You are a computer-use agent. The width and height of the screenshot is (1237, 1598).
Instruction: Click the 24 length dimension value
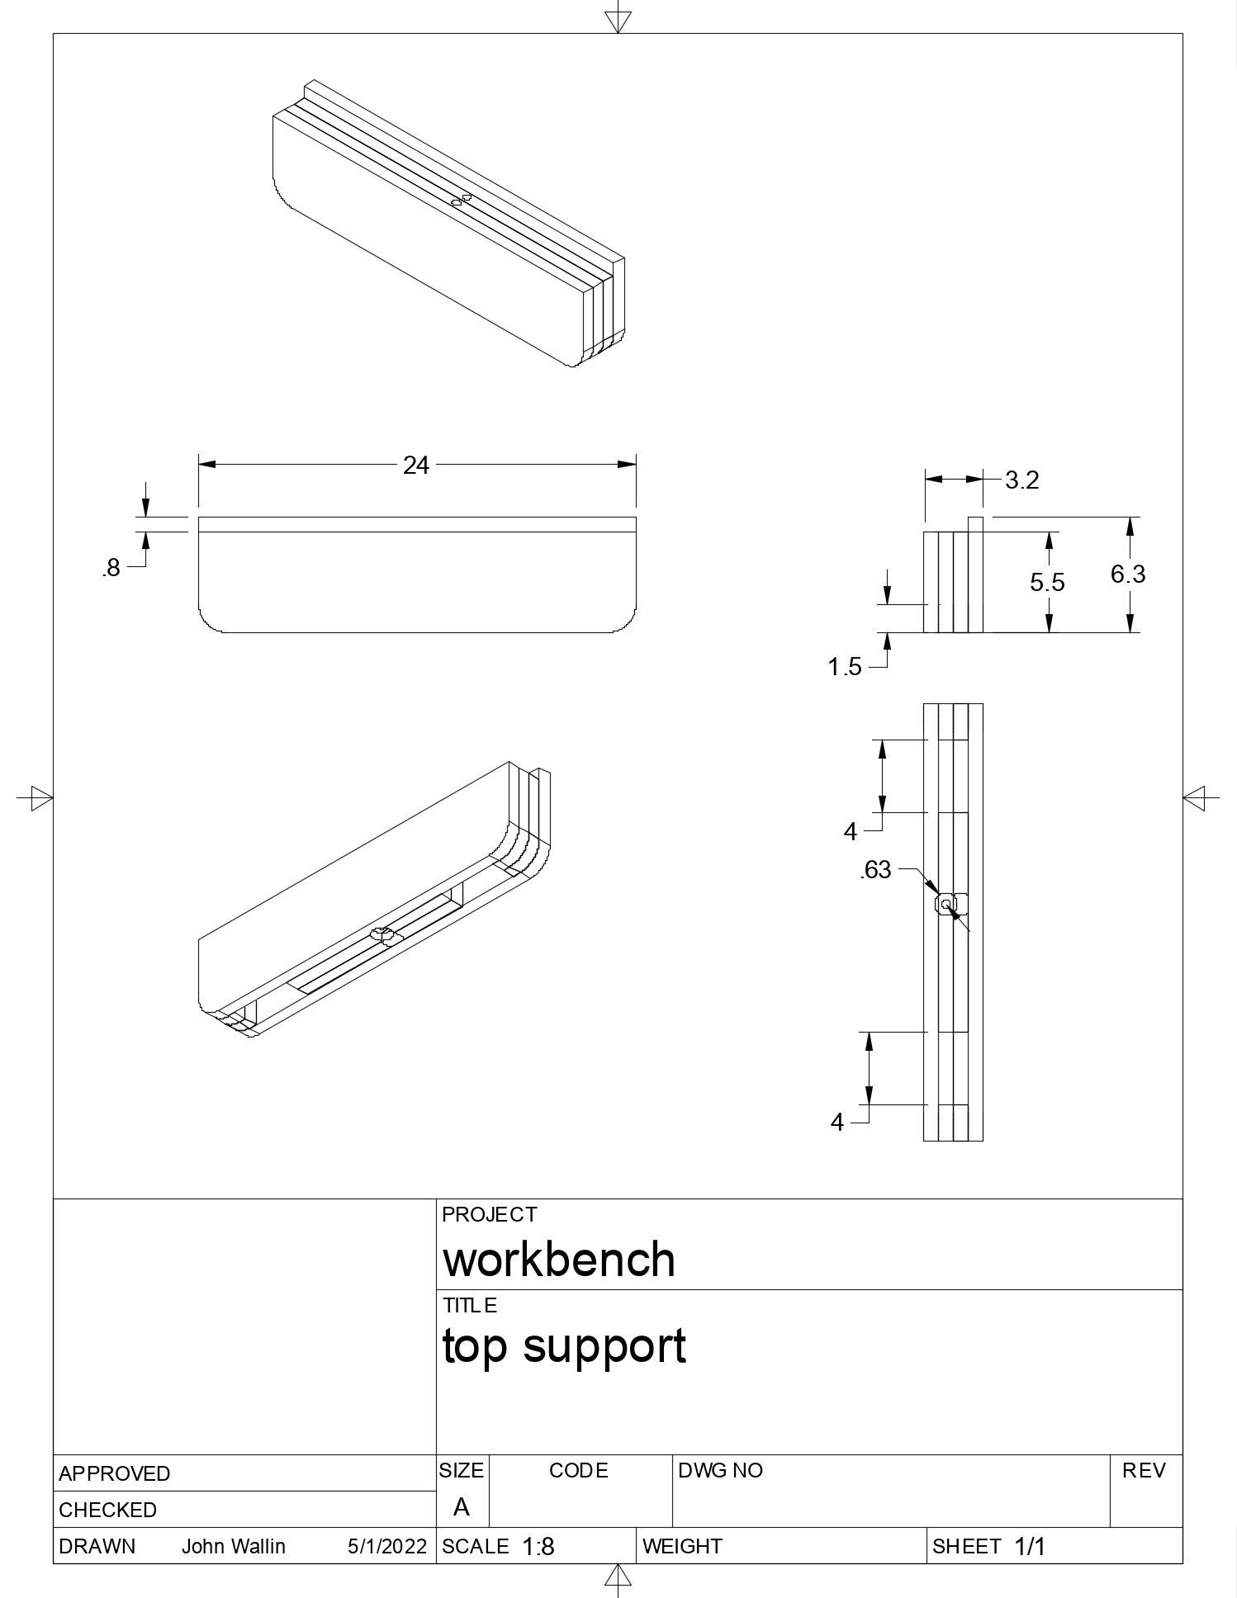(416, 466)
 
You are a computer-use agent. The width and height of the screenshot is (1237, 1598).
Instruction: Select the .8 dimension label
(111, 568)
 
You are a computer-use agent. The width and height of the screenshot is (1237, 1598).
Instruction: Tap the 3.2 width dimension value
(1021, 480)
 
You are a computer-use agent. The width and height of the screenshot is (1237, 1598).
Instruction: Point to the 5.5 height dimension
(1047, 583)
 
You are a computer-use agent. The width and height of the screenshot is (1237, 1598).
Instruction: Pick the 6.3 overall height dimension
(1128, 574)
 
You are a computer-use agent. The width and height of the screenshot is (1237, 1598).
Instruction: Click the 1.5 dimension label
(845, 667)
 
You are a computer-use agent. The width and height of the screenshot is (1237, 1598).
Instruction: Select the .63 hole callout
(876, 870)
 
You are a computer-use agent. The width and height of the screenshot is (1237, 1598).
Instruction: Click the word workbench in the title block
(559, 1260)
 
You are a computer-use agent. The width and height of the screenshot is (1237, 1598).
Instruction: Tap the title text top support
(564, 1347)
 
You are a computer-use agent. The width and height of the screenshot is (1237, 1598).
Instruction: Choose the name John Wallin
(234, 1546)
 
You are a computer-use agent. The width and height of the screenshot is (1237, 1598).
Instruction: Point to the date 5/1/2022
(387, 1546)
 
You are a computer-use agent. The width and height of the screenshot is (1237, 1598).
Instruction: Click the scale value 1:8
(538, 1547)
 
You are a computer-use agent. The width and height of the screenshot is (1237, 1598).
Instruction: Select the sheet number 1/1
(1030, 1547)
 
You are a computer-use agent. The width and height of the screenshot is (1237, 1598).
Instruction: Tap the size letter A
(462, 1507)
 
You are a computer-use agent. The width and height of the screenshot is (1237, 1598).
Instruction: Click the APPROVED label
(115, 1473)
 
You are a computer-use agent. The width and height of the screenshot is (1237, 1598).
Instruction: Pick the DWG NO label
(720, 1470)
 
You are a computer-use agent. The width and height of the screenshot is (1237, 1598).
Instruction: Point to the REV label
(1144, 1470)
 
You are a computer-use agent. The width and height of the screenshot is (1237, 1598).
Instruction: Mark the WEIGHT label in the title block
(682, 1546)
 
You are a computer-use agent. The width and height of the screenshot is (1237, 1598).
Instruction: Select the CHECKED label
(108, 1510)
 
